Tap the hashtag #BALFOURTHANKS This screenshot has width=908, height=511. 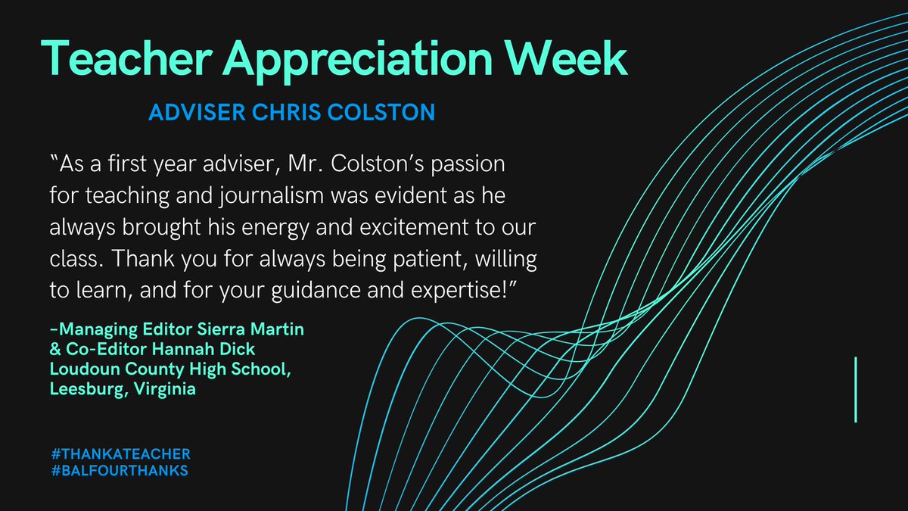tap(117, 470)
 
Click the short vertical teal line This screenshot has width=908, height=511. tap(855, 389)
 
